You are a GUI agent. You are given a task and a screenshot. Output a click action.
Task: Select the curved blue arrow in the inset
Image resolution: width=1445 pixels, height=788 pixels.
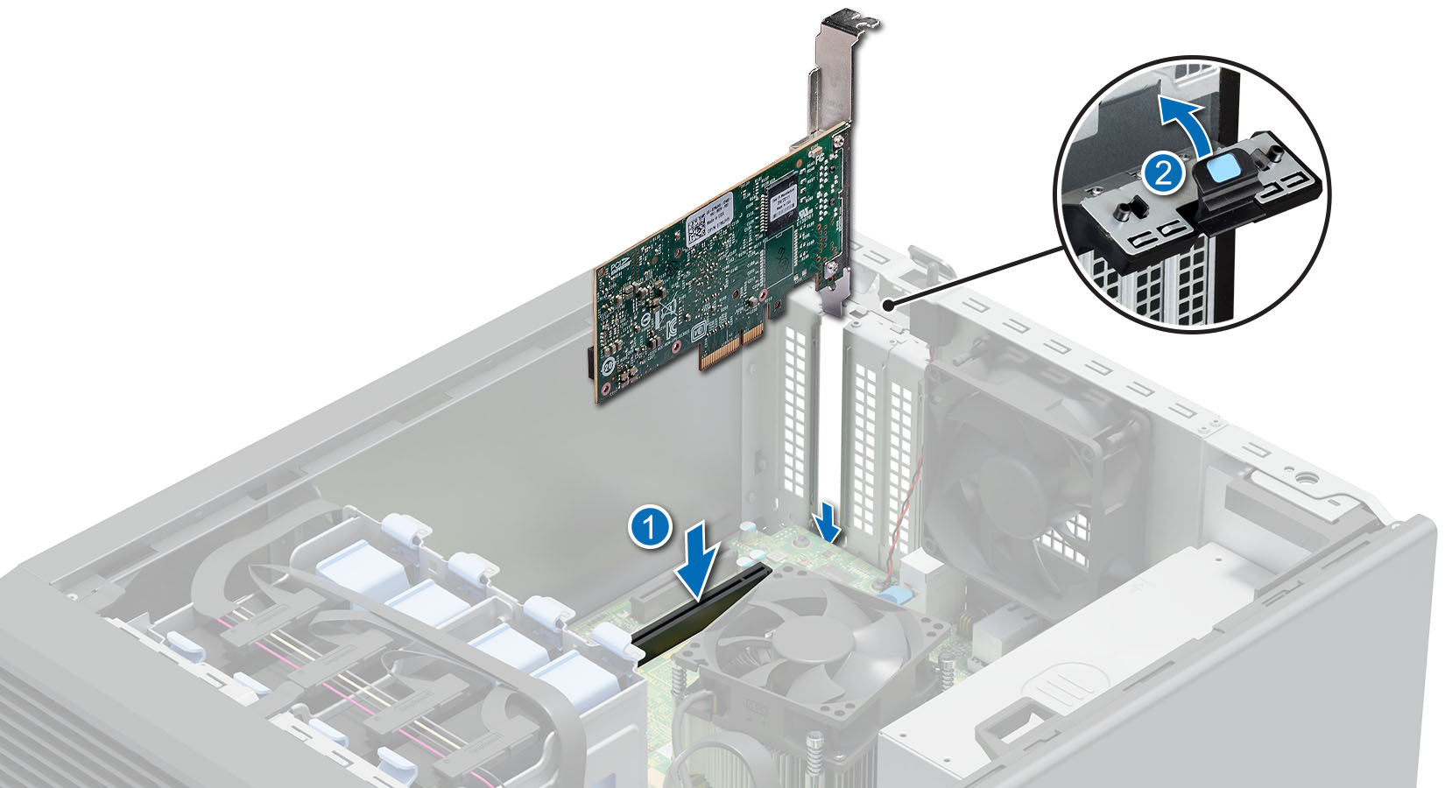(x=1191, y=123)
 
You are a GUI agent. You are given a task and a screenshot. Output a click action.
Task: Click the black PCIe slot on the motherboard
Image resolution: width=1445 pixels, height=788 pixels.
(x=701, y=613)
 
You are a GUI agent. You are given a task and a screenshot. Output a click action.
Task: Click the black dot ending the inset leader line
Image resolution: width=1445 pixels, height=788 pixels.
(x=890, y=304)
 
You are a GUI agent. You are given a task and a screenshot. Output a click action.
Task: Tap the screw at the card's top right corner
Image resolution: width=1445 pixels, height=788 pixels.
(x=840, y=137)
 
